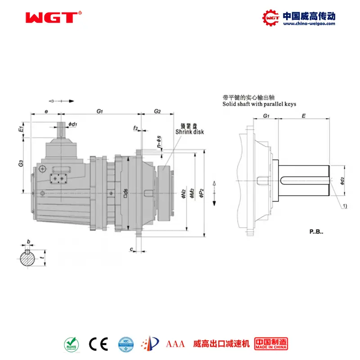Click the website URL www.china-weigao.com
point(309,24)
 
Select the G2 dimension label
point(157,111)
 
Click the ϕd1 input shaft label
point(73,124)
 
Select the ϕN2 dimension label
point(183,193)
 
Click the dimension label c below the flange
point(131,249)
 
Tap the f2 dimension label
point(135,129)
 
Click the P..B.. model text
point(316,232)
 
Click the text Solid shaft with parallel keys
point(259,104)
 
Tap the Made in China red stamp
point(271,344)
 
